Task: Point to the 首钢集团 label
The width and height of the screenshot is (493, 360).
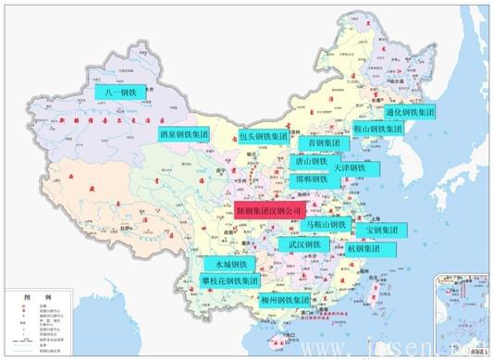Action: click(323, 143)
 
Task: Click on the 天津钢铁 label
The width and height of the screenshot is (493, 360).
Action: click(351, 168)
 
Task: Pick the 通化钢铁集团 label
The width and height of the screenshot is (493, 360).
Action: click(408, 112)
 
